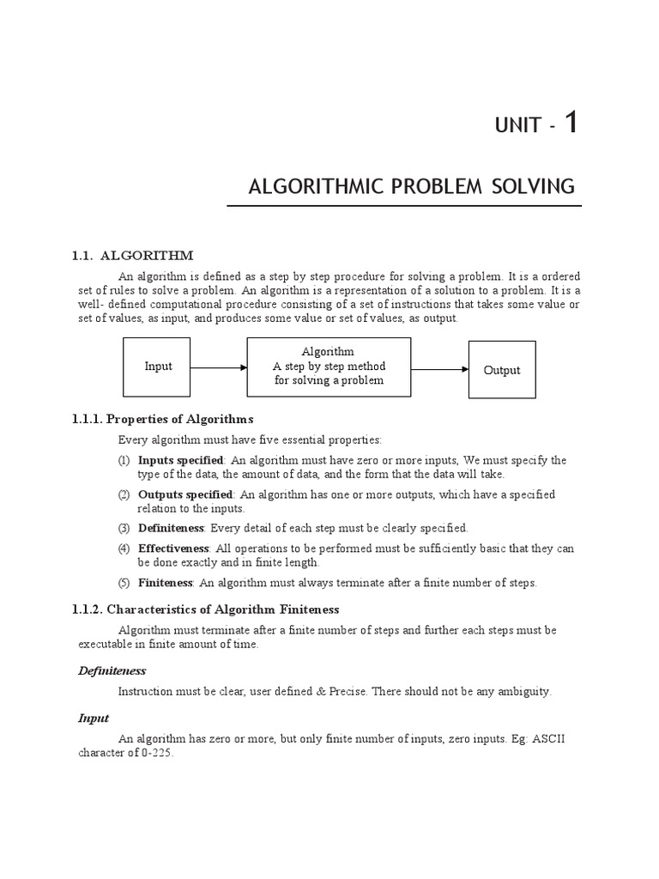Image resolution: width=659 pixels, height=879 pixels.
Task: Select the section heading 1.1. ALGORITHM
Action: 132,255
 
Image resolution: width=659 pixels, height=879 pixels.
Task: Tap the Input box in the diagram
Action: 158,367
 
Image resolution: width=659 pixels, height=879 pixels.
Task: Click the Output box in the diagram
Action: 502,370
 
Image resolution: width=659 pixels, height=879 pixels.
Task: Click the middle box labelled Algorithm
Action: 329,367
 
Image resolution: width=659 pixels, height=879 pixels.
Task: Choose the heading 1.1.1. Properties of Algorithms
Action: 162,419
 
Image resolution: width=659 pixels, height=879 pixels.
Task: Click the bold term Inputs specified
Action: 180,460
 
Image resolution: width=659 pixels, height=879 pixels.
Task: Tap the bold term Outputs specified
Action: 184,494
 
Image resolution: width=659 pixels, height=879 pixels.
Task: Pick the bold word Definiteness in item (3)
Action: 171,528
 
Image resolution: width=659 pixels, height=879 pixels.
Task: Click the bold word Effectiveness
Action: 172,549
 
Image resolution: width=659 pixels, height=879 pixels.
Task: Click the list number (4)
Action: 124,549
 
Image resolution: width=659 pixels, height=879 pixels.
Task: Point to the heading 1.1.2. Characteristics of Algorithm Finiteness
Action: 205,609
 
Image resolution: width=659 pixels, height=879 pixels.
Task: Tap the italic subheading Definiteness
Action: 112,670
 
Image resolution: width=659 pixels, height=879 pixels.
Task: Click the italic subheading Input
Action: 94,718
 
